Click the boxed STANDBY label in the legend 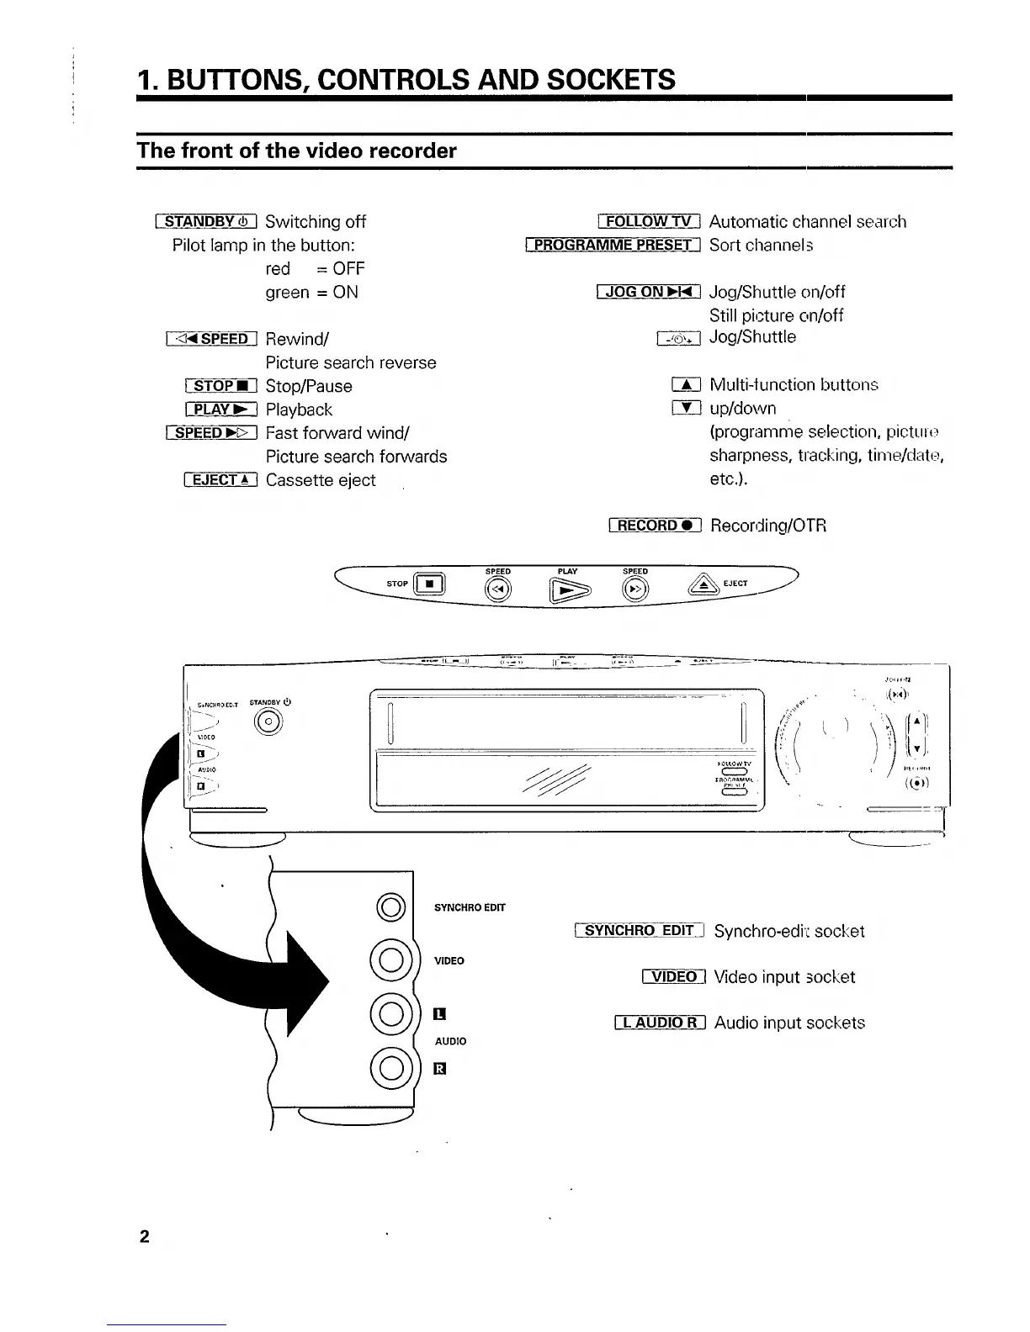[206, 222]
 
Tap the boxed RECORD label [655, 526]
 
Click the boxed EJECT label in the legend [220, 481]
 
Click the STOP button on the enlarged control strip [429, 584]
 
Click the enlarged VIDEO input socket [390, 961]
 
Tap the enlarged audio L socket [390, 1013]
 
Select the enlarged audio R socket [390, 1068]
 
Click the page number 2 [145, 1236]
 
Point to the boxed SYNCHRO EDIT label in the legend [639, 931]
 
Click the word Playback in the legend [299, 410]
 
